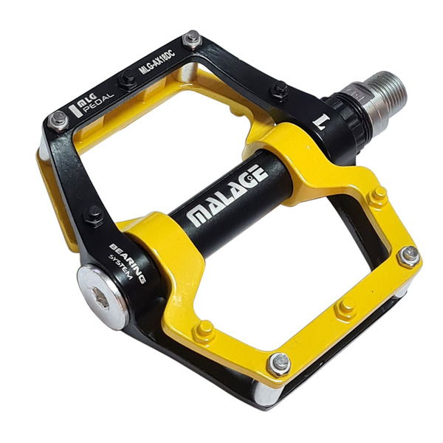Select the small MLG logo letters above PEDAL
tap(87, 100)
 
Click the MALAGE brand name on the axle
tap(227, 194)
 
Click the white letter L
tap(322, 122)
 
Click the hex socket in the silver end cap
tap(101, 297)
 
